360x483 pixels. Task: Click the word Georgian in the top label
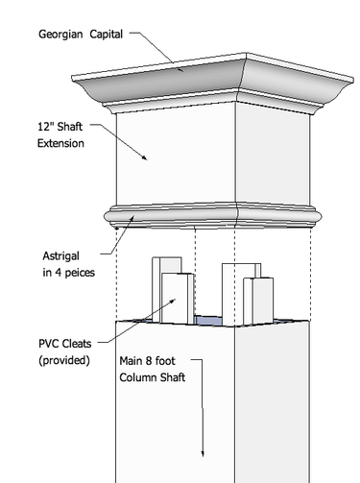point(62,34)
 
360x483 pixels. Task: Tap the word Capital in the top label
point(108,34)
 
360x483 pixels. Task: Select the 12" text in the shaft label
point(47,127)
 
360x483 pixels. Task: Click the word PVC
point(50,344)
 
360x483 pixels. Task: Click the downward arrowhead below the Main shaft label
point(204,452)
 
